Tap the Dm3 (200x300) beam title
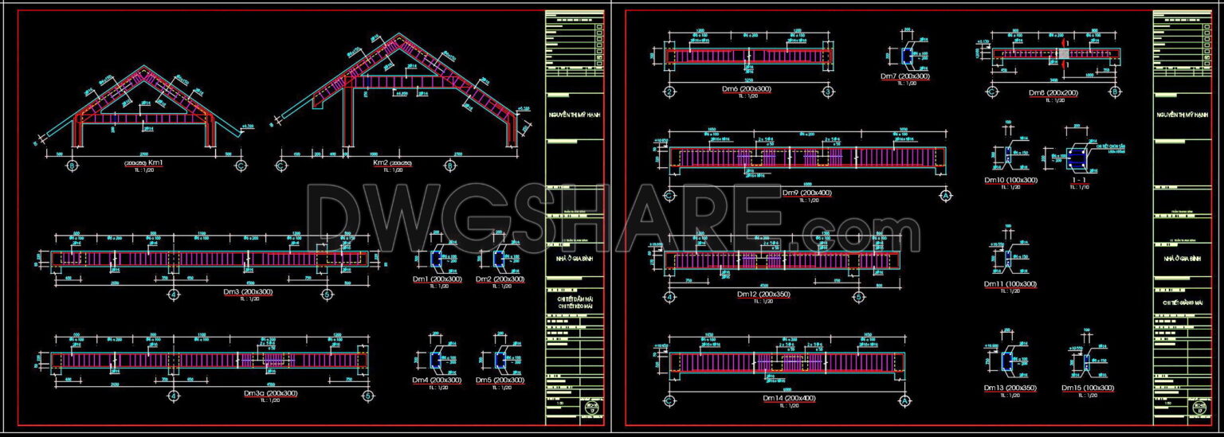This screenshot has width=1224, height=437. click(248, 292)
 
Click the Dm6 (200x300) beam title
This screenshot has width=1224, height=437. click(746, 90)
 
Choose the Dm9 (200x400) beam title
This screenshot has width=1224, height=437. click(806, 193)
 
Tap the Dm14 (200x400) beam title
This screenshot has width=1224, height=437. click(788, 397)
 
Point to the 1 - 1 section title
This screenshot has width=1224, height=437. click(1079, 181)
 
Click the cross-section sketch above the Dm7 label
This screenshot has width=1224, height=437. click(907, 56)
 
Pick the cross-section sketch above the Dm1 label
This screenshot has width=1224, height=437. click(436, 259)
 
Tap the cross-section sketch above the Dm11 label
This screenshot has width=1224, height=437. click(1007, 259)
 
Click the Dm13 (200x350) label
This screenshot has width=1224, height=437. click(1010, 388)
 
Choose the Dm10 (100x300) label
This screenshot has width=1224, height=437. click(1010, 181)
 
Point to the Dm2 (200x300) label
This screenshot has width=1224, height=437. click(500, 279)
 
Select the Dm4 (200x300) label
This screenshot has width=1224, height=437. click(437, 380)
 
